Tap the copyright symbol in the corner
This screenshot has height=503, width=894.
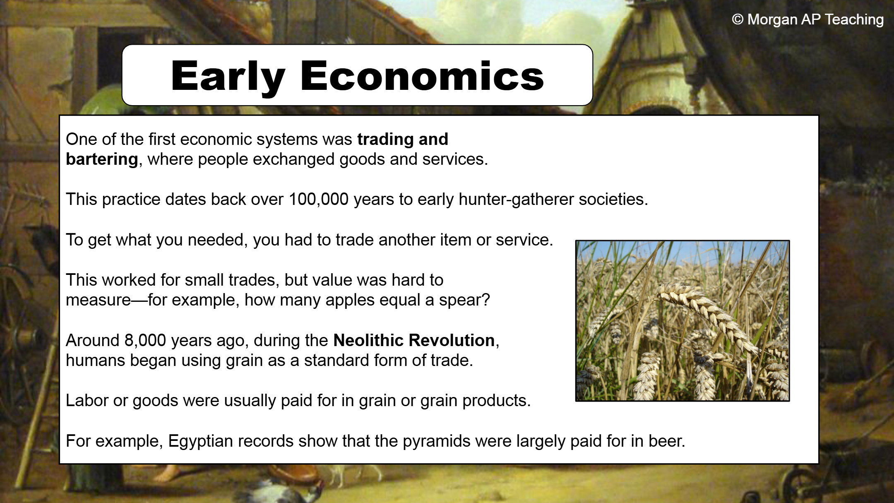click(x=738, y=19)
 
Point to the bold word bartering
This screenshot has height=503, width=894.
click(x=102, y=159)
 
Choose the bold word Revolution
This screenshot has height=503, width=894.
click(x=452, y=340)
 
